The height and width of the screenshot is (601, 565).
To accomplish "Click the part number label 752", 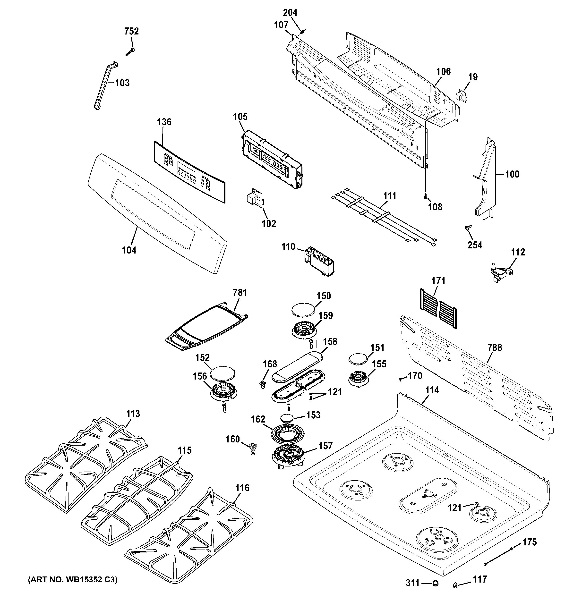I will (132, 31).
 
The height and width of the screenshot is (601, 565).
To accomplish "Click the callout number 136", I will (164, 122).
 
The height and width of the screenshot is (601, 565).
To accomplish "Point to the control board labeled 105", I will (273, 159).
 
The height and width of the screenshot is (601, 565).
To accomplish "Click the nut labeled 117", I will (455, 586).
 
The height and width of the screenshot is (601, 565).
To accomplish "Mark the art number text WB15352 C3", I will (73, 580).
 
